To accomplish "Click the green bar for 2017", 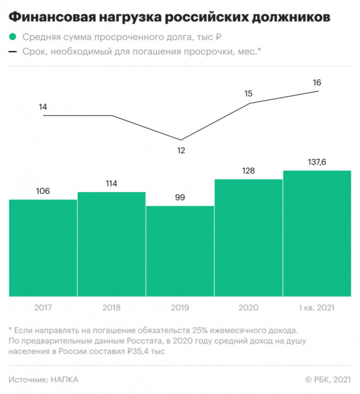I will (x=43, y=248).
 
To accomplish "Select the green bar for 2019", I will (x=180, y=251).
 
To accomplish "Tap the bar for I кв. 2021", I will (x=317, y=233).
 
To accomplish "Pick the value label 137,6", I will (x=317, y=162).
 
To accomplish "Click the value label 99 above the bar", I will (x=180, y=198).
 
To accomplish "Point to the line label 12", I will (x=181, y=150).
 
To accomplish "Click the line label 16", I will (x=317, y=82).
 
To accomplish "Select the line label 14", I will (x=43, y=107).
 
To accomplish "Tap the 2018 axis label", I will (x=111, y=308).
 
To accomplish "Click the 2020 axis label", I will (x=248, y=308).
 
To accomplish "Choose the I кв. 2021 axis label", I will (x=317, y=308).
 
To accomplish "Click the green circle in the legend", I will (x=13, y=37).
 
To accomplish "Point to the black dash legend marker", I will (x=13, y=52).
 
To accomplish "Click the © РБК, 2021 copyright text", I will (x=328, y=380).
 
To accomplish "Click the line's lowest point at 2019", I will (x=181, y=140).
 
